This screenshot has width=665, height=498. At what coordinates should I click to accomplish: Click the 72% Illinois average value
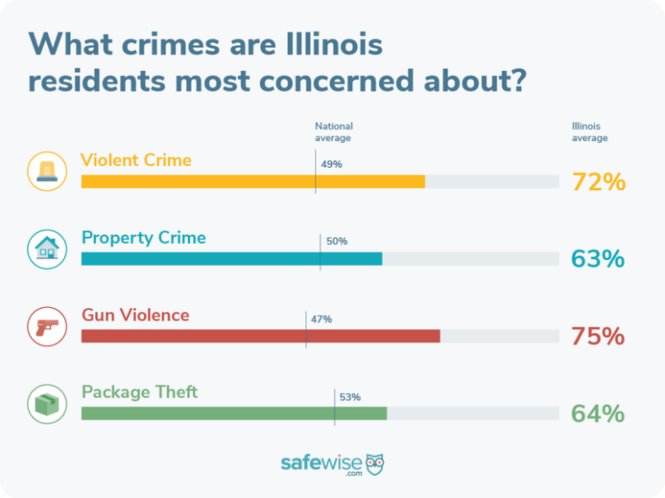[x=598, y=182]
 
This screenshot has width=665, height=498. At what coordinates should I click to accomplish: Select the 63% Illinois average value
[x=598, y=258]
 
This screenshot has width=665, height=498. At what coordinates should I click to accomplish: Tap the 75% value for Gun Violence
[x=598, y=336]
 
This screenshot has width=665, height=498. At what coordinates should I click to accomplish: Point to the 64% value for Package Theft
[x=598, y=414]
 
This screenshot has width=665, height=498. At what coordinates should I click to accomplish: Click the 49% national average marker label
[x=332, y=164]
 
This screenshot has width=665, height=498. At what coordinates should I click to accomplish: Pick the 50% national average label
[x=337, y=241]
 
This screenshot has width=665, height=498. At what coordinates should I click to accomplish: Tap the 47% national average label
[x=322, y=319]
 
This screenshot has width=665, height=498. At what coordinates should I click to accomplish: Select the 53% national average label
[x=350, y=398]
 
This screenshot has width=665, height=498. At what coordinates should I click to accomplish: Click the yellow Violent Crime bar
[x=253, y=181]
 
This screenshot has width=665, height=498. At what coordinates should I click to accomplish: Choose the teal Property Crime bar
[x=232, y=258]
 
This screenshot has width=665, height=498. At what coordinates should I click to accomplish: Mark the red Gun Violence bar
[x=261, y=336]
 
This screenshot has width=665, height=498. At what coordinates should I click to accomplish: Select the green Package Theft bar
[x=235, y=414]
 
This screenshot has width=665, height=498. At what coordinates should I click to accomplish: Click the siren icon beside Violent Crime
[x=47, y=171]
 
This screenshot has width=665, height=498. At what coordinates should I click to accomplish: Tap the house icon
[x=47, y=249]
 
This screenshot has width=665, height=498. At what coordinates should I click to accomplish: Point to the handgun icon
[x=47, y=327]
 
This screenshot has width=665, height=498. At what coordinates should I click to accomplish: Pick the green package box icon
[x=47, y=404]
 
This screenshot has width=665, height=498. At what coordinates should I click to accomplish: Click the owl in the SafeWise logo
[x=375, y=465]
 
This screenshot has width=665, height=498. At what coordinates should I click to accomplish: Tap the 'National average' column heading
[x=333, y=132]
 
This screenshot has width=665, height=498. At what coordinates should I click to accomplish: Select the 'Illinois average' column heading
[x=590, y=132]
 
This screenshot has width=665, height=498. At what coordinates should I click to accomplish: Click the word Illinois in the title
[x=334, y=44]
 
